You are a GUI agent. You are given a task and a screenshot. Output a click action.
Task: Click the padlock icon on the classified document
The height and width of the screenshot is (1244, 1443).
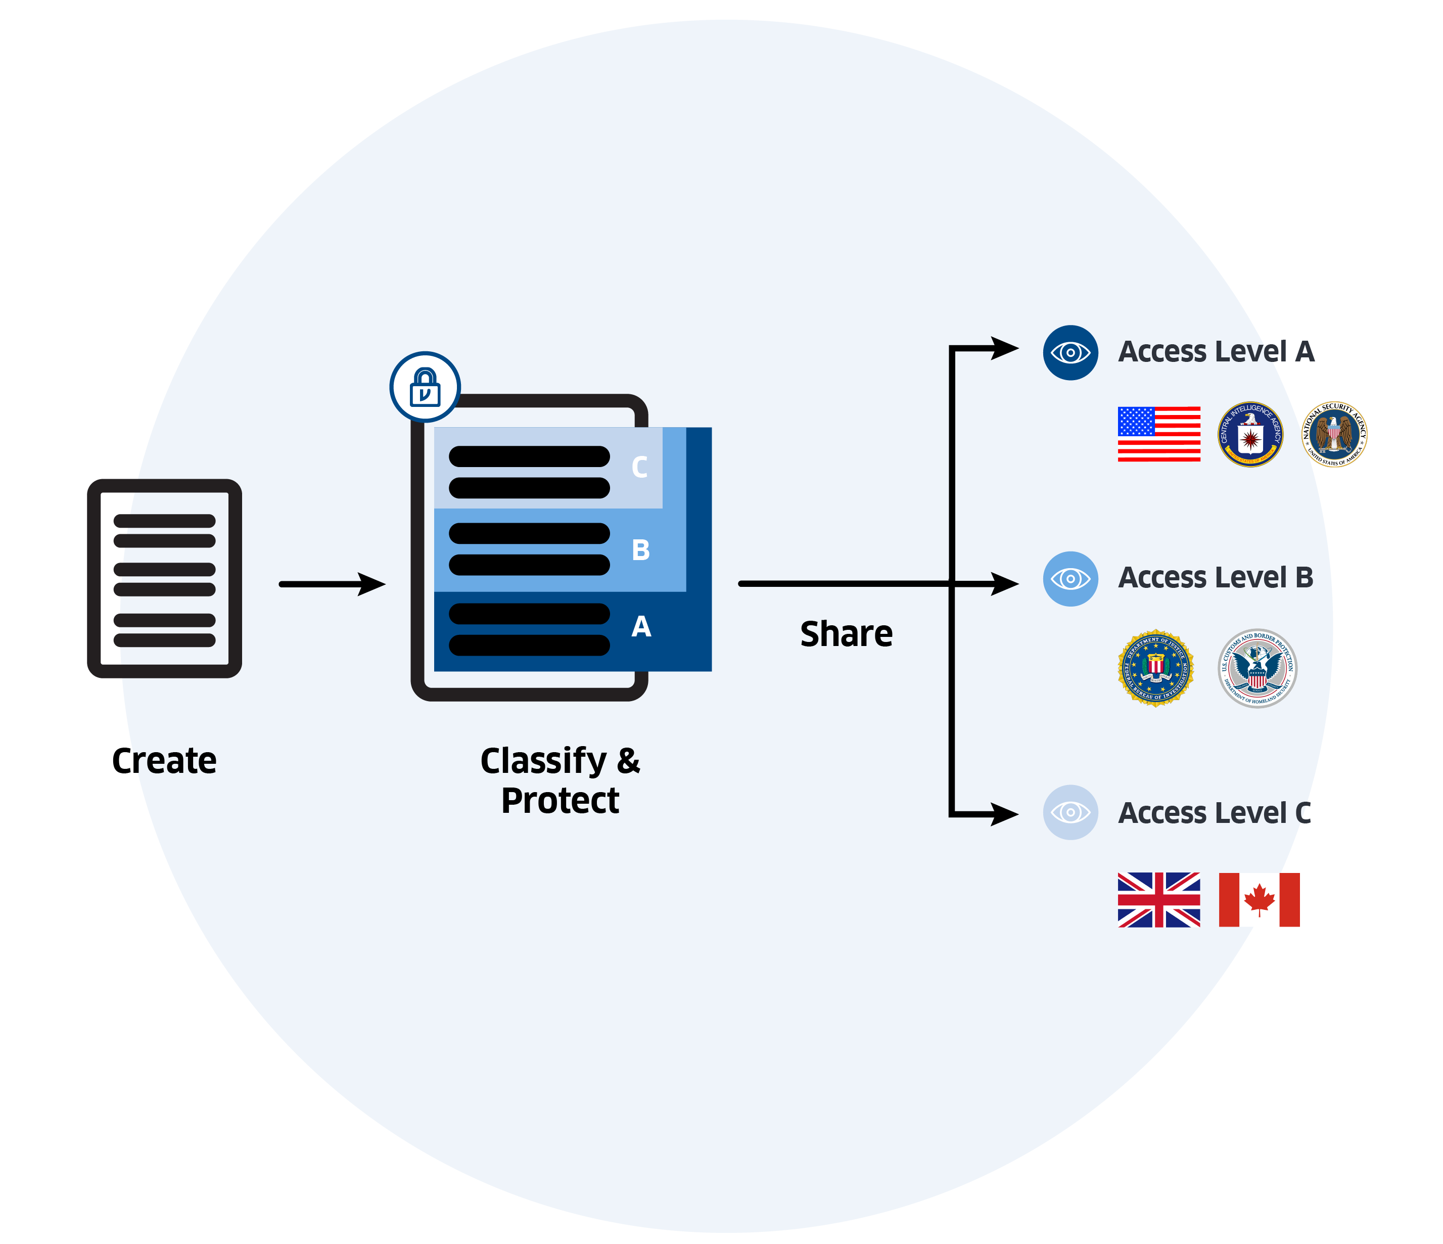[x=425, y=387]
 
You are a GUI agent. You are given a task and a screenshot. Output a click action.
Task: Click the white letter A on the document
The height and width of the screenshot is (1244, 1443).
[x=641, y=627]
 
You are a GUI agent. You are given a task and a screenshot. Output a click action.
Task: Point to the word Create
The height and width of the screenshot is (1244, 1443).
[x=164, y=761]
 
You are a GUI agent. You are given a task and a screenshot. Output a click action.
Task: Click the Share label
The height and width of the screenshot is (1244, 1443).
[x=846, y=634]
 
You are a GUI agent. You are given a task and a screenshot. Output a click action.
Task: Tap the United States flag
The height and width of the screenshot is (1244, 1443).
[x=1159, y=434]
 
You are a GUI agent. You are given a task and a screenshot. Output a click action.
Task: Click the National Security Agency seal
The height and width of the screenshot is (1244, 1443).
[x=1334, y=434]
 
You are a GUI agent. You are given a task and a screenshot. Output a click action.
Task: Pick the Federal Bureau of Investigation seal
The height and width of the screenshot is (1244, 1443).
[x=1156, y=669]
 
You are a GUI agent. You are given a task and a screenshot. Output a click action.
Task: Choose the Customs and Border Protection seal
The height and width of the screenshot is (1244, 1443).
[x=1257, y=669]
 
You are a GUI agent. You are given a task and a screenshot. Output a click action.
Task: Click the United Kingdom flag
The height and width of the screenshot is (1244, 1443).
[x=1159, y=900]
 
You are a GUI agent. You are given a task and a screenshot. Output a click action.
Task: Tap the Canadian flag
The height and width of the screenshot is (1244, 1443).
[x=1259, y=900]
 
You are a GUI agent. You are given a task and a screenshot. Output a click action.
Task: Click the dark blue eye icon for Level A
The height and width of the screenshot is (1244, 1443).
[x=1070, y=352]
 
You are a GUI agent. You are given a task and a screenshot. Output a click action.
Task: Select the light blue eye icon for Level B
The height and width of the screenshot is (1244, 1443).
[x=1070, y=579]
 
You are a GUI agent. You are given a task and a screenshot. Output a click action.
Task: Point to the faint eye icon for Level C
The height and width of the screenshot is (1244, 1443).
[x=1070, y=812]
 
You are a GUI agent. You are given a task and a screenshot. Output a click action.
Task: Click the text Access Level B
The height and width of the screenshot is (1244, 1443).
[x=1215, y=577]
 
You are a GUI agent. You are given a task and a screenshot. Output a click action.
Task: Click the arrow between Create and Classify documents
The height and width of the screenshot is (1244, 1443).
[x=332, y=584]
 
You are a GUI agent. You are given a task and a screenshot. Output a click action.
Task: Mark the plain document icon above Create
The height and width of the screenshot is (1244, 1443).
[x=164, y=578]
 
